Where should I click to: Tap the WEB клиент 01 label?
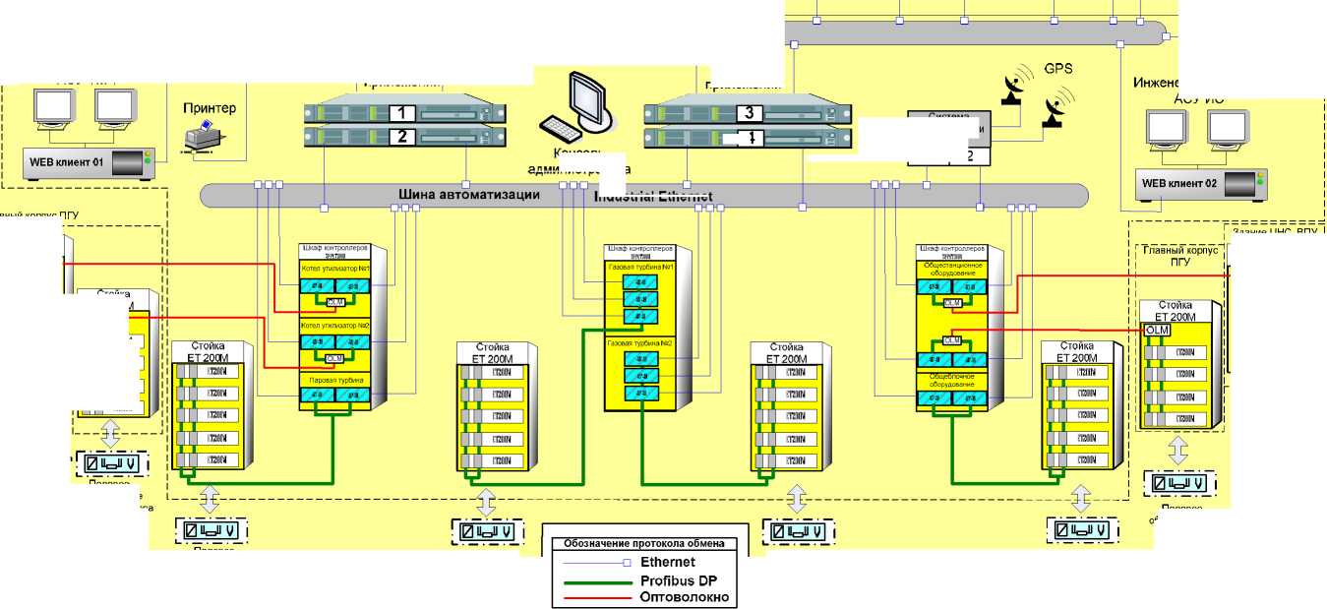click(x=65, y=160)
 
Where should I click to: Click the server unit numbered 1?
click(x=403, y=113)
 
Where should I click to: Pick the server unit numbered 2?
click(x=403, y=137)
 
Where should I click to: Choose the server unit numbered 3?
click(x=750, y=113)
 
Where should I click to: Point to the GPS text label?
click(x=1057, y=71)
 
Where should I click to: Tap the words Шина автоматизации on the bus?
click(x=469, y=195)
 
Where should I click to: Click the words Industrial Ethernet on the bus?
click(x=654, y=196)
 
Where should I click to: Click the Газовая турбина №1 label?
click(x=639, y=267)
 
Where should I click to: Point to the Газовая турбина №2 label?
click(x=639, y=342)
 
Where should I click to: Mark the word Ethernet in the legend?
click(x=668, y=563)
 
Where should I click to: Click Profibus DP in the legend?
click(x=676, y=579)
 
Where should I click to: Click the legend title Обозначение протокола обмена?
click(x=644, y=543)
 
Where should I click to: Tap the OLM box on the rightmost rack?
click(x=1157, y=331)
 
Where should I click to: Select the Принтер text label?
click(x=210, y=107)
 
